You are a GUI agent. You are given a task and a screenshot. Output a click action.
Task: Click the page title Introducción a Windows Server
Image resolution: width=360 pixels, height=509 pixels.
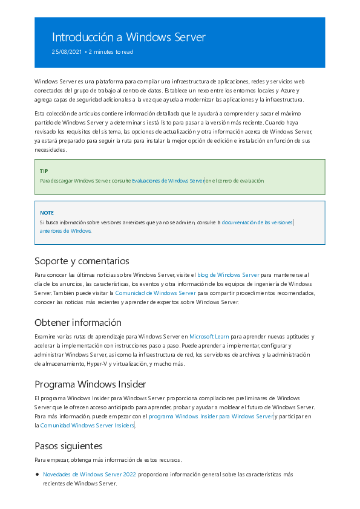128,37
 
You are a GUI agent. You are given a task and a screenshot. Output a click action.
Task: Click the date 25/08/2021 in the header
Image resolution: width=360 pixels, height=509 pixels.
67,52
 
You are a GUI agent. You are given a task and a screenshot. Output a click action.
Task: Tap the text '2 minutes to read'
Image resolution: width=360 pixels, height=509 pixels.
111,52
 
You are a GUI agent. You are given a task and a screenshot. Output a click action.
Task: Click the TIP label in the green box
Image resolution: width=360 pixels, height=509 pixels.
44,171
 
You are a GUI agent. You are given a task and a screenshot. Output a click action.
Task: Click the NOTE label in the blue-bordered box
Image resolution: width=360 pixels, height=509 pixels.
47,213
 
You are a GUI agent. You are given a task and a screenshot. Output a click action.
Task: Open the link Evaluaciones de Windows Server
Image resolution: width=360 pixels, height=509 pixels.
168,181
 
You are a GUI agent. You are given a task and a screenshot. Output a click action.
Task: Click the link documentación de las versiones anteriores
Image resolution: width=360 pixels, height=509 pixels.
257,222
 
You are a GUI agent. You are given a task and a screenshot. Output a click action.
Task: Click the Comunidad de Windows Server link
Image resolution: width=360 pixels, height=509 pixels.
155,293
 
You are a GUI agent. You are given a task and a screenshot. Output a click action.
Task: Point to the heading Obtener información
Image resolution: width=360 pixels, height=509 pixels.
78,322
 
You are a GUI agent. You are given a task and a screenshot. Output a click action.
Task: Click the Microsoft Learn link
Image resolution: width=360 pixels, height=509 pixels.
209,336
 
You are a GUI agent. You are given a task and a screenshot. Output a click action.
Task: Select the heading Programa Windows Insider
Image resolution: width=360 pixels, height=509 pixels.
90,384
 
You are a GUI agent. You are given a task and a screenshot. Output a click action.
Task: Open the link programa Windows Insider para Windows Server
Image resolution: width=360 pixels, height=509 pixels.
211,417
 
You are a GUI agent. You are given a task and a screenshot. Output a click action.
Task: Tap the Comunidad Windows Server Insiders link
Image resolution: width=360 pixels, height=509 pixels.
87,426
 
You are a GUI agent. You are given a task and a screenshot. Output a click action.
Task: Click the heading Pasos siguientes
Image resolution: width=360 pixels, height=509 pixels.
68,447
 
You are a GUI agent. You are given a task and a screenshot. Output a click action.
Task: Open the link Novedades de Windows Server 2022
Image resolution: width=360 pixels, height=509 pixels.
89,475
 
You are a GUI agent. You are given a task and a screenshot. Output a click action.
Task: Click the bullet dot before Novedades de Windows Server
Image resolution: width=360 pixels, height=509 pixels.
37,475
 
